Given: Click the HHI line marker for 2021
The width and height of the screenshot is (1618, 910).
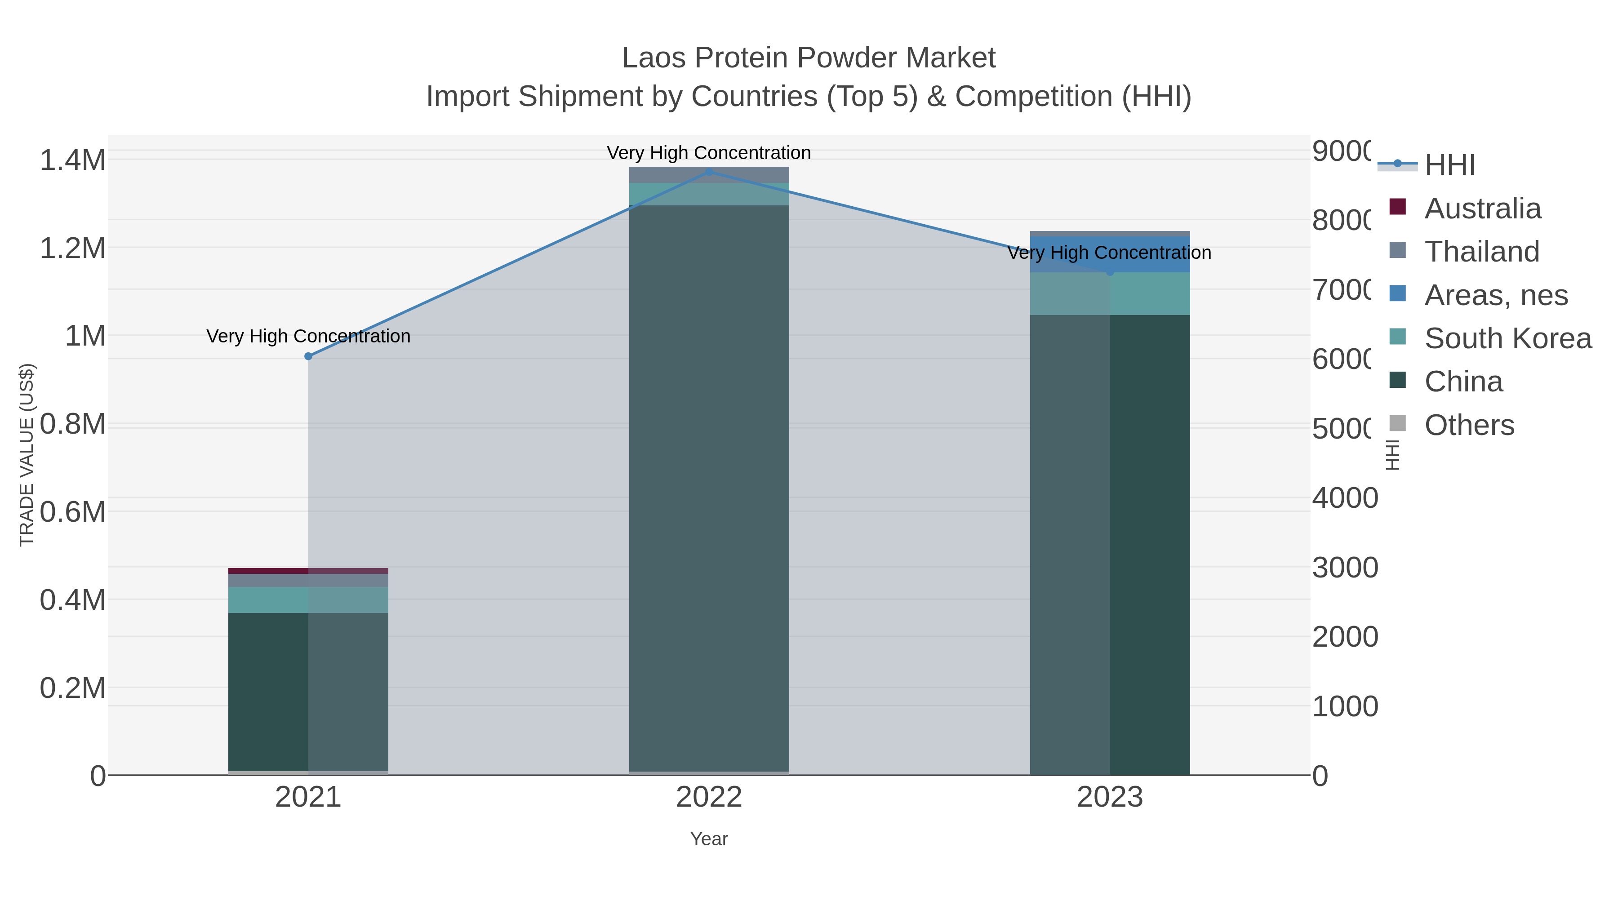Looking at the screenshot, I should tap(308, 356).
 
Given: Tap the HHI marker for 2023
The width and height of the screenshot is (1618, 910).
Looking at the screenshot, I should tap(1110, 272).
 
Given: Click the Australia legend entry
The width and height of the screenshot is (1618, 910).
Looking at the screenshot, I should tap(1482, 209).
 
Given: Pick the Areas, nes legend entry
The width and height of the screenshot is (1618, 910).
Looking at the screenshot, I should tap(1495, 295).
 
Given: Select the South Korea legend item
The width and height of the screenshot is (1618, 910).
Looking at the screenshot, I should tap(1507, 338).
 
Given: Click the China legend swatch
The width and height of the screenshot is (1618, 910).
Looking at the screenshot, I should tap(1397, 381).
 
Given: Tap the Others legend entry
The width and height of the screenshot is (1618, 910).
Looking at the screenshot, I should tap(1469, 425).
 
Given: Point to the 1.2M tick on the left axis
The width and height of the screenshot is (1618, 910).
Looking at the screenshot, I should tap(73, 248).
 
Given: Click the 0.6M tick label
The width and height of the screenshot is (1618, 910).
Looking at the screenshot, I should tap(73, 512).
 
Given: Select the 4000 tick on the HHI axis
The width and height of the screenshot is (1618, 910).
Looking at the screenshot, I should tap(1344, 498).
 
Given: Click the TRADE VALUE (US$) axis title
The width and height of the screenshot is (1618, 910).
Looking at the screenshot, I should tap(27, 455).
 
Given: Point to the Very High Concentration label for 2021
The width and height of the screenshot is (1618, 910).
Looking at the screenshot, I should tap(308, 336).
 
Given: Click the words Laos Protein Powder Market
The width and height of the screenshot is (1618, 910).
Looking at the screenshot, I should tap(809, 58).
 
